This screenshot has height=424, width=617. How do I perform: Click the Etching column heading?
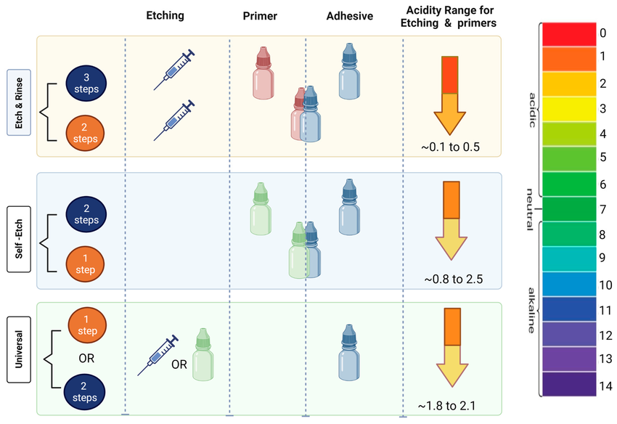[x=165, y=15]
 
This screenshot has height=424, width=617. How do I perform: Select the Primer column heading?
[x=259, y=15]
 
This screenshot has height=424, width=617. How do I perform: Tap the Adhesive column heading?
[x=349, y=15]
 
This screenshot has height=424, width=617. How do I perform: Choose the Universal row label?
[x=20, y=358]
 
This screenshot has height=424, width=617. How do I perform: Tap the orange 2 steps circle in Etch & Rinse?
[x=86, y=132]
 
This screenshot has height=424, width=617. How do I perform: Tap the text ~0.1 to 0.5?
[x=450, y=147]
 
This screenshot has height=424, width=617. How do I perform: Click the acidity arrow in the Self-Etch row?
[x=451, y=221]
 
